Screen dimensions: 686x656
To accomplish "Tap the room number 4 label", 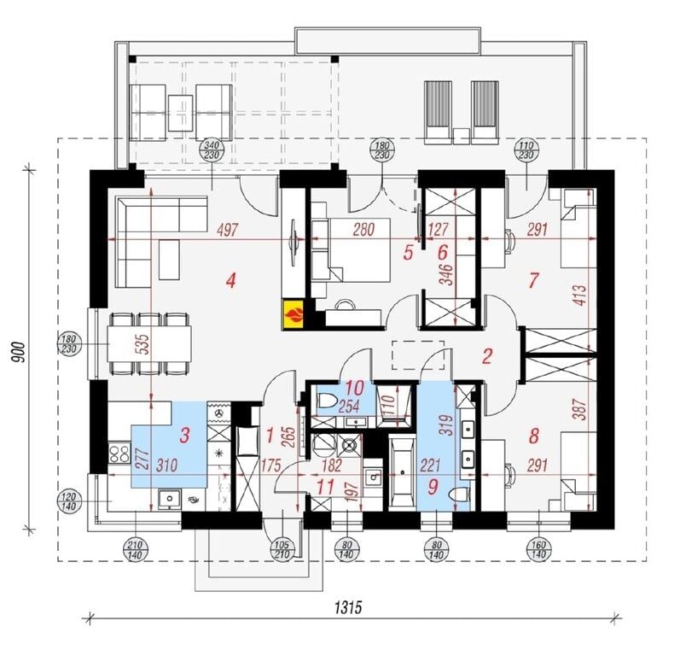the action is (231, 281).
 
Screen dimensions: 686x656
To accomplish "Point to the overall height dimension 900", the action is (19, 351).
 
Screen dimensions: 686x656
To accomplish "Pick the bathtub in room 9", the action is (402, 472).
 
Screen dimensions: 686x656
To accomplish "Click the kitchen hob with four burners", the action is (119, 454).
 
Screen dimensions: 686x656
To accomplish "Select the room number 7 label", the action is (533, 280).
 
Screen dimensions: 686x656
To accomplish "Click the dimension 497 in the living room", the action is (228, 230).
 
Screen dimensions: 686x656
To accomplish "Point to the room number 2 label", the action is (487, 356).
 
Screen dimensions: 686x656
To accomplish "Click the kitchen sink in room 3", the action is (169, 499).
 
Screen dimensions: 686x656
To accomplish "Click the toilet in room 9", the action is (459, 494).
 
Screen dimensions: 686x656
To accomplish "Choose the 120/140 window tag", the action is (70, 502).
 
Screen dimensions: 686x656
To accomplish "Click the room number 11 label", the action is (325, 486).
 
